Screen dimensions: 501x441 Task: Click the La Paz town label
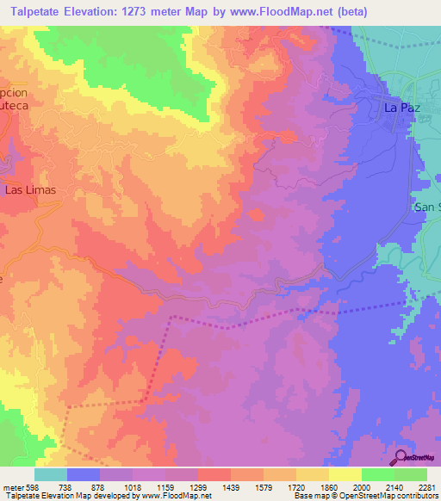[401, 108]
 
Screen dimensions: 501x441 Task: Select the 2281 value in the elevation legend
[427, 486]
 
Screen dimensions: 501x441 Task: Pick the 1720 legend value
[297, 486]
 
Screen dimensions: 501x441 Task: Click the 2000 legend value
[362, 486]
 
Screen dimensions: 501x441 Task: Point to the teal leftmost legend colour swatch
[51, 473]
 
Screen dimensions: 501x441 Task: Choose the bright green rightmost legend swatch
[411, 473]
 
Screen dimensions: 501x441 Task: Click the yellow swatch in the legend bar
[345, 473]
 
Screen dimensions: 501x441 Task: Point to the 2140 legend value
[394, 486]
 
